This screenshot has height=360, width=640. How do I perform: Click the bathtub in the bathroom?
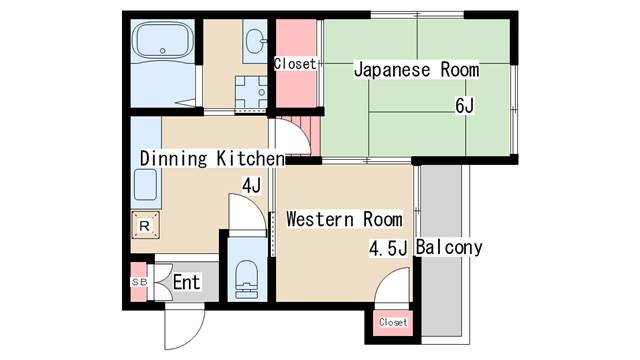pos(163,40)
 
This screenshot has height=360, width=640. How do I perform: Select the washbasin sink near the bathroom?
pos(256,41)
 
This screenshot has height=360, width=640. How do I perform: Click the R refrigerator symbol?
pos(145,225)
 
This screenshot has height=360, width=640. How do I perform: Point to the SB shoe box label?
pos(139,282)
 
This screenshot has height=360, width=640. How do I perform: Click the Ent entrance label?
pos(187,282)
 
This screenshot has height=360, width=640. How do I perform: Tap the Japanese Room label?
pos(416,69)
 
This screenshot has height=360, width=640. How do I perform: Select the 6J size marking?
pos(464,106)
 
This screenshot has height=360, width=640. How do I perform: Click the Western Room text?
pos(344,219)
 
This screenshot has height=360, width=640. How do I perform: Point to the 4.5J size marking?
pos(388,248)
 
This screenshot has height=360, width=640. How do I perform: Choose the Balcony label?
pos(449,248)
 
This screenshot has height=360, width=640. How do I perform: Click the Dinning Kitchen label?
pos(212,158)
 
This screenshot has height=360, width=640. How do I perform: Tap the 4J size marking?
pos(251,186)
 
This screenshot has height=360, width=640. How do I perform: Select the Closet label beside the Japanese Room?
pos(295,64)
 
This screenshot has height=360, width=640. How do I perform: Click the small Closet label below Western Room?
pos(393,322)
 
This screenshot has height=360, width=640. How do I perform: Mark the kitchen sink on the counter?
pos(146,185)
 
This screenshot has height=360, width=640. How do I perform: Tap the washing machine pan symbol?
pos(251,93)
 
